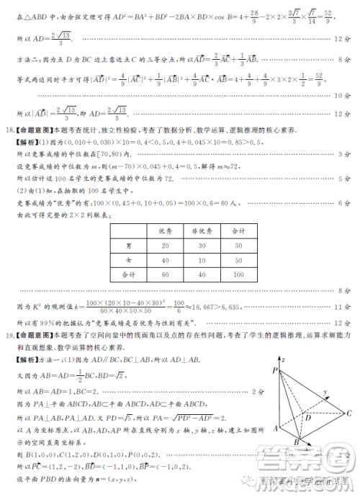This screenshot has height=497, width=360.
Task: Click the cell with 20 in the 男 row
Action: click(x=165, y=246)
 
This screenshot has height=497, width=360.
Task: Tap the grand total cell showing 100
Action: click(x=238, y=274)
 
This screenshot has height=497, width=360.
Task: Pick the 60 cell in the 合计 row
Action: click(x=165, y=274)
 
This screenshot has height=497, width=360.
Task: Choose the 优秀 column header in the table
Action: click(x=165, y=230)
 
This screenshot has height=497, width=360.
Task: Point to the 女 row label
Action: click(x=128, y=260)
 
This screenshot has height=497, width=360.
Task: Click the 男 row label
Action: click(x=128, y=246)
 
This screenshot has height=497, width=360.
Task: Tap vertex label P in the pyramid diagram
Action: click(x=274, y=370)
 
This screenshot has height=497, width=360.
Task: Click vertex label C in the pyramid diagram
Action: click(x=348, y=413)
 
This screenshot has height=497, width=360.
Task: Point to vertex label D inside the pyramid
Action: click(x=307, y=417)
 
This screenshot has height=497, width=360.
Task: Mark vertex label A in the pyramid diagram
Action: click(x=274, y=429)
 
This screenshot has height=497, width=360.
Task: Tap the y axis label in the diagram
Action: click(x=325, y=393)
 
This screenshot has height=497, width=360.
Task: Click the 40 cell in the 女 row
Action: click(x=165, y=260)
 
